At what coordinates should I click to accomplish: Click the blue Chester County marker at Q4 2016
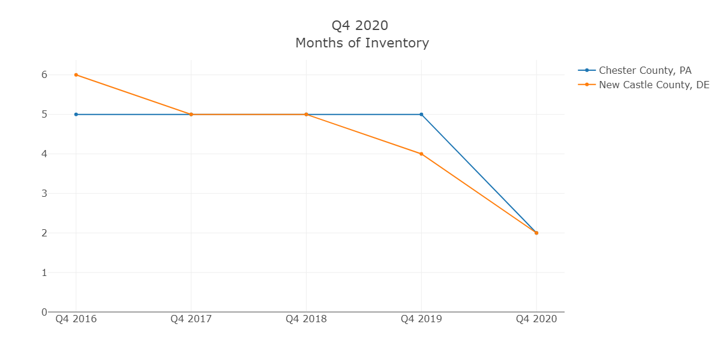click(x=76, y=114)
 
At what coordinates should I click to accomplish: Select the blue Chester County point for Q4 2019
click(x=421, y=114)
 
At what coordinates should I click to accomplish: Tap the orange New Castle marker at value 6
click(x=76, y=74)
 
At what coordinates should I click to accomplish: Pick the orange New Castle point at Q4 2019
click(x=421, y=154)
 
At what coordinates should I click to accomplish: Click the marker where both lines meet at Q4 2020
click(x=536, y=233)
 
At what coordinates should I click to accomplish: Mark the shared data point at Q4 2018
click(x=306, y=114)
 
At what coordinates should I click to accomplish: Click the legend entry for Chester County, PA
click(x=645, y=70)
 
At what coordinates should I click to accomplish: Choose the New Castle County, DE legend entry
click(x=654, y=85)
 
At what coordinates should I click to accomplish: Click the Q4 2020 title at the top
click(x=360, y=25)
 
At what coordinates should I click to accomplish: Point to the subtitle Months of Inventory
click(x=362, y=43)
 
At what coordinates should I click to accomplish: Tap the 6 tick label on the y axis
click(x=44, y=75)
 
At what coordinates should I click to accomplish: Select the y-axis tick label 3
click(x=44, y=193)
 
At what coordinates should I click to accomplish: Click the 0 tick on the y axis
click(x=44, y=312)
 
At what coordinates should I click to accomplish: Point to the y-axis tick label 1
click(x=44, y=272)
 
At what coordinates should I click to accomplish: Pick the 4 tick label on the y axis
click(x=44, y=154)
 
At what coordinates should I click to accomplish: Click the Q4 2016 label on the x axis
click(x=76, y=319)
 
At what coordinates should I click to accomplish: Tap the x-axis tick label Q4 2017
click(x=191, y=319)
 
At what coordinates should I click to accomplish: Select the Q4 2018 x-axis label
click(x=306, y=319)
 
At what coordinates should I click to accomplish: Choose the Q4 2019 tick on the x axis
click(x=421, y=319)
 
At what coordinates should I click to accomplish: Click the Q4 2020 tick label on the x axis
click(x=536, y=319)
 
